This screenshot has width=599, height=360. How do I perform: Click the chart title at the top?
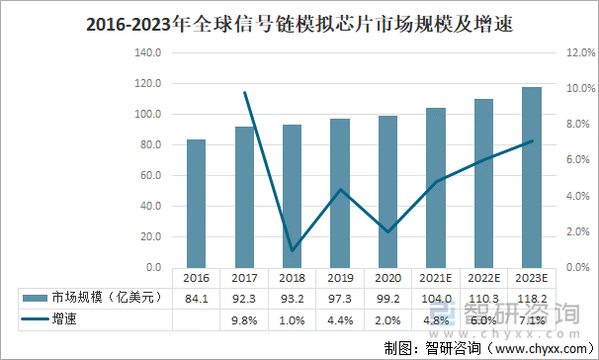(299, 21)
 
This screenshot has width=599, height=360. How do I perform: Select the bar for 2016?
(197, 204)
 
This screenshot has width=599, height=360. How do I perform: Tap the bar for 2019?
(339, 194)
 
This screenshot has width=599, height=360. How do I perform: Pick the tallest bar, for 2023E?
(533, 178)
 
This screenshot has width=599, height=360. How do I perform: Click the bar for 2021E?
(436, 188)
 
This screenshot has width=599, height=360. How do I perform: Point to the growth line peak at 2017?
(244, 92)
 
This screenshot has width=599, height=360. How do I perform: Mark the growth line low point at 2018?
(293, 250)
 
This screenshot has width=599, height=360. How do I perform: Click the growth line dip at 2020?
(388, 232)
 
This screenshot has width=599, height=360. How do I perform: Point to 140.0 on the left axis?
(146, 52)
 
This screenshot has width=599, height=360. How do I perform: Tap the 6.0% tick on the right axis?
(577, 160)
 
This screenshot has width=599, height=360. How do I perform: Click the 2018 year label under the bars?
(293, 278)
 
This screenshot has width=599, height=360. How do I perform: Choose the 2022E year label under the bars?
(484, 278)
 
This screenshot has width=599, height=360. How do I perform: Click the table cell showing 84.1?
(197, 298)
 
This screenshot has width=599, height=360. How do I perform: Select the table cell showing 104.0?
(436, 298)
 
